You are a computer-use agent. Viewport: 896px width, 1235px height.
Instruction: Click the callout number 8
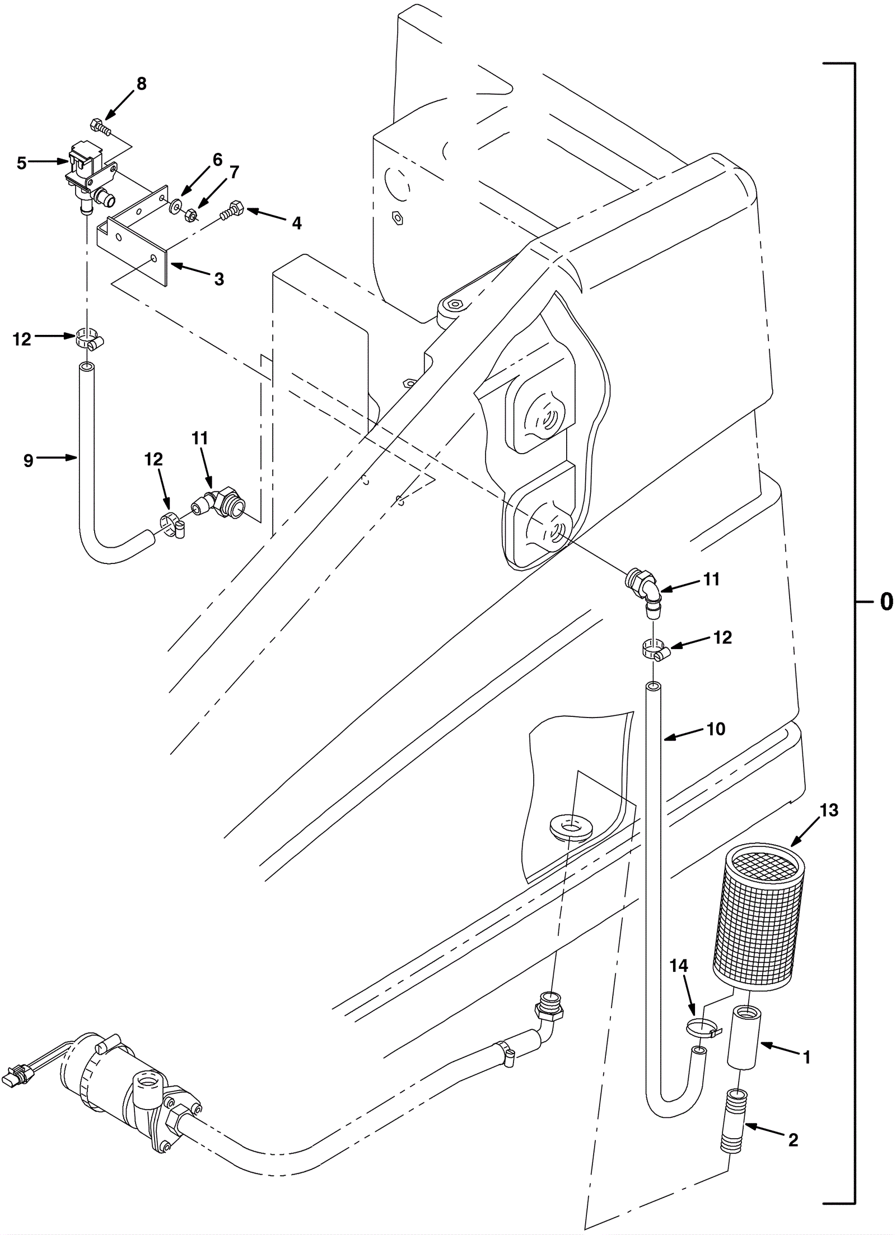click(141, 84)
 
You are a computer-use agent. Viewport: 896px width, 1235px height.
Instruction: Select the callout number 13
click(829, 810)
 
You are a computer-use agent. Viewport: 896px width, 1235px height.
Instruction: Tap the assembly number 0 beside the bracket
click(886, 602)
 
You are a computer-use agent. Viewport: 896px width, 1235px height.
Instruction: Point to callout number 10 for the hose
click(716, 729)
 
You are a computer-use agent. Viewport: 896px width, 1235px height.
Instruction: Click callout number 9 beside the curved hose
click(29, 460)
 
